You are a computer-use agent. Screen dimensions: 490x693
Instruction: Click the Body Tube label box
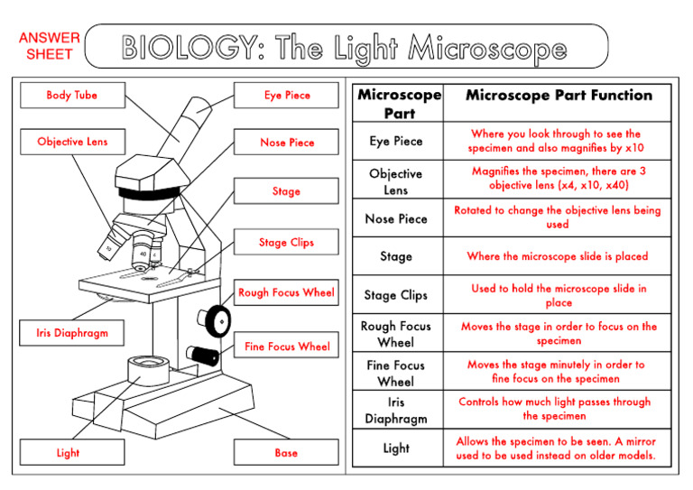click(x=72, y=96)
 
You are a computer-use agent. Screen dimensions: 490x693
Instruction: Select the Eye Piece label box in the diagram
click(x=287, y=96)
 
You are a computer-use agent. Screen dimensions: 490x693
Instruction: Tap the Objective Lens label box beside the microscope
click(x=72, y=143)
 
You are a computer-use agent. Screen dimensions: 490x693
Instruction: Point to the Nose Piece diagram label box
click(x=287, y=143)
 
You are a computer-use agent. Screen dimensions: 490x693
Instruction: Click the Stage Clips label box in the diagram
click(x=286, y=243)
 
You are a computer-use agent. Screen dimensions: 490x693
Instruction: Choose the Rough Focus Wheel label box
click(x=286, y=292)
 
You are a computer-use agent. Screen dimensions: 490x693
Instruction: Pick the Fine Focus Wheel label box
click(x=287, y=347)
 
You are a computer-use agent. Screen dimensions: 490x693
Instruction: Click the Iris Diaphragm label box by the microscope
click(x=72, y=333)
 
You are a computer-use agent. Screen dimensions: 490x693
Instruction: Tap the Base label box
click(x=286, y=453)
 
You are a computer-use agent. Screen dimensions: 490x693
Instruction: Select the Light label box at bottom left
click(x=68, y=453)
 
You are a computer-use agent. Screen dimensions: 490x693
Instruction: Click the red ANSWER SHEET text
click(x=49, y=46)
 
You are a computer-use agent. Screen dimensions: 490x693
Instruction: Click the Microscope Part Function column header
click(x=559, y=96)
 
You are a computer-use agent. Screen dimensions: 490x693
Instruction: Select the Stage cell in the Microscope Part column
click(x=396, y=256)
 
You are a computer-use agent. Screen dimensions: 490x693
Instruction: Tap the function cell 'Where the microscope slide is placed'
click(x=557, y=256)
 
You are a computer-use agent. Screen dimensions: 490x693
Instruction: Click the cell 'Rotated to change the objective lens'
click(x=557, y=217)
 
